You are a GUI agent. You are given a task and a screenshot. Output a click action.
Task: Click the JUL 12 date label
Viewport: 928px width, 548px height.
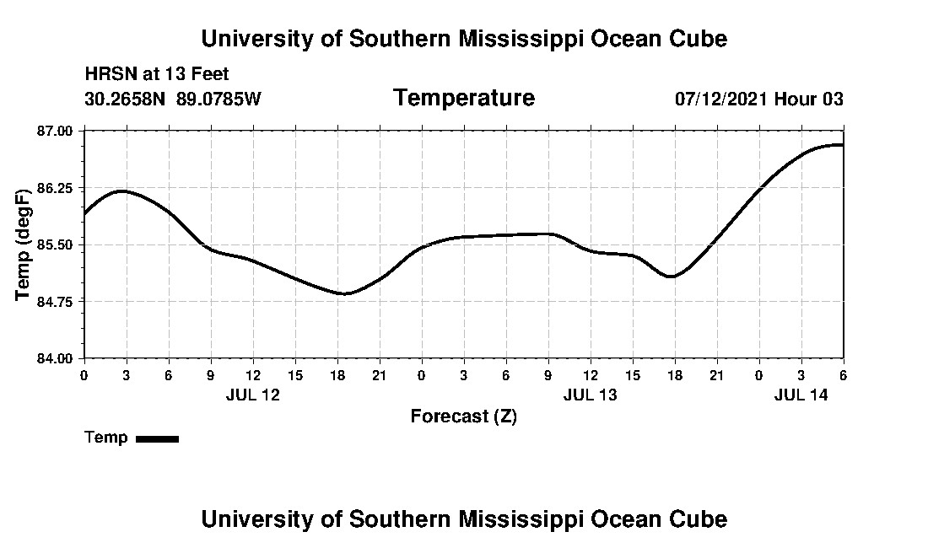[x=252, y=395]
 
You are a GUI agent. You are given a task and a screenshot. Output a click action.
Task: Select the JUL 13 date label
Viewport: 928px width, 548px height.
[x=590, y=395]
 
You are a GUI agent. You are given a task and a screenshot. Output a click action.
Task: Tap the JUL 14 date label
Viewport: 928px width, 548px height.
[x=801, y=395]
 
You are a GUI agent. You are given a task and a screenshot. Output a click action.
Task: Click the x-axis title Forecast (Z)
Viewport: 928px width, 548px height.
[x=463, y=416]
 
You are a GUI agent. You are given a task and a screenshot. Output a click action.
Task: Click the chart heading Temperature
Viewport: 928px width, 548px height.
[x=463, y=98]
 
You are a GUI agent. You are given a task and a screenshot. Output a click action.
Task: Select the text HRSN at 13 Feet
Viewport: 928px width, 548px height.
[x=157, y=75]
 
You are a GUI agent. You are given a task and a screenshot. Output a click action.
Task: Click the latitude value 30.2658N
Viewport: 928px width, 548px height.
[x=126, y=99]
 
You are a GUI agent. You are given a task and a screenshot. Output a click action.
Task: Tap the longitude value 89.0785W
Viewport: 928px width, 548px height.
[x=219, y=99]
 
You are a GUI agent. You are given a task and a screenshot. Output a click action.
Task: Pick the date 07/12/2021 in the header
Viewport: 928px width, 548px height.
[x=721, y=99]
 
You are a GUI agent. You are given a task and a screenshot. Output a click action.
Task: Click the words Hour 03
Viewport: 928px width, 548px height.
[x=809, y=99]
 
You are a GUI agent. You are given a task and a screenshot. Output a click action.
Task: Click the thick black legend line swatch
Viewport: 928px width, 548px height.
[x=158, y=438]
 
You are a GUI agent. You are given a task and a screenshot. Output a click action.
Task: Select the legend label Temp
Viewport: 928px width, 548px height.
[x=106, y=438]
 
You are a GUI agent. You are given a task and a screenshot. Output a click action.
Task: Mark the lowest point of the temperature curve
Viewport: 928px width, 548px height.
[x=344, y=293]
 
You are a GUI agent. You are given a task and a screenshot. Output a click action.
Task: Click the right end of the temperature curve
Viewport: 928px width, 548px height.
[x=843, y=145]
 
